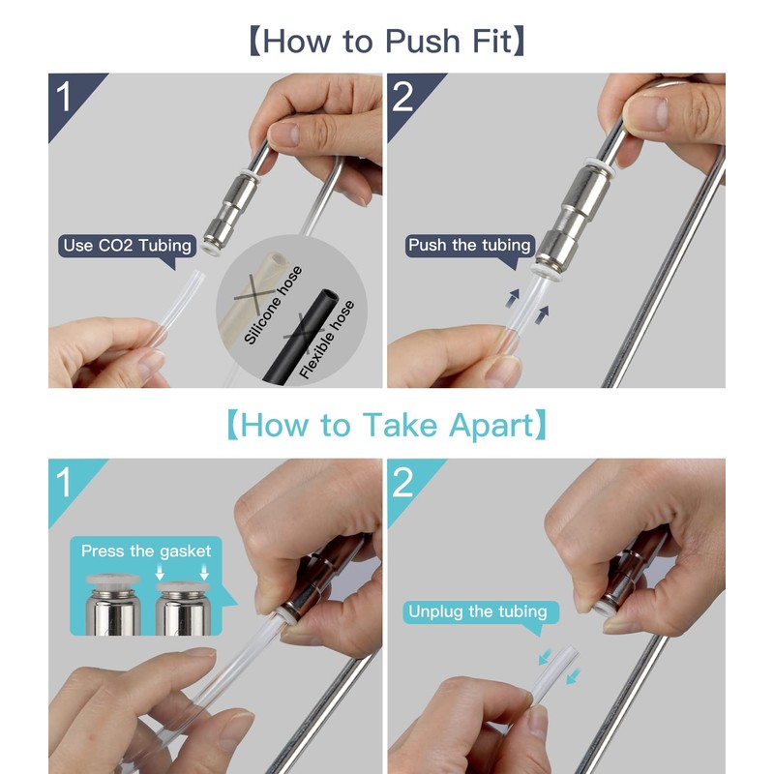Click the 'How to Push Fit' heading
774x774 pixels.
[387, 41]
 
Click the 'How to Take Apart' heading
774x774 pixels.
[387, 425]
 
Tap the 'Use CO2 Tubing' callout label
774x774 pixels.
[128, 246]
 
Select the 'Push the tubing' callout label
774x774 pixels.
[469, 245]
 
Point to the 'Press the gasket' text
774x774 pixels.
[146, 551]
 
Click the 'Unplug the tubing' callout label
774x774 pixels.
[478, 611]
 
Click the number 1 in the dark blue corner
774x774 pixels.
[64, 97]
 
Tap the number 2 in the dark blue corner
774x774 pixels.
[402, 97]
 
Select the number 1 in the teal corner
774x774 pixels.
[64, 482]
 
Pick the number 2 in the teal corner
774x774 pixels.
[402, 482]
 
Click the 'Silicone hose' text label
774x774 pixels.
[273, 305]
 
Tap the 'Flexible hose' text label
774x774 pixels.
[327, 340]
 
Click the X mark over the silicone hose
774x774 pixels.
[254, 294]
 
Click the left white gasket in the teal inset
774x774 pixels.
[113, 579]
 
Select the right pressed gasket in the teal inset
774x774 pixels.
[183, 586]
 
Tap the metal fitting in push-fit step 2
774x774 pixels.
[575, 217]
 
